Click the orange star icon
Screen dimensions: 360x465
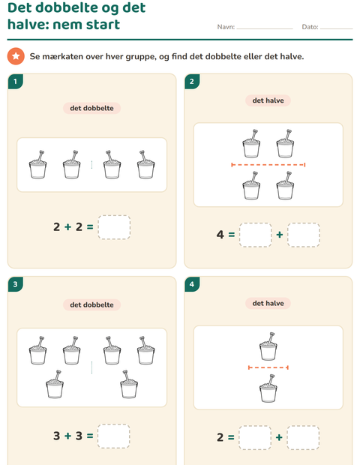pyautogui.click(x=16, y=56)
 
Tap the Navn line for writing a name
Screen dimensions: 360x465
pyautogui.click(x=265, y=28)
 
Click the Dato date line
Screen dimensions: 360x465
pyautogui.click(x=336, y=28)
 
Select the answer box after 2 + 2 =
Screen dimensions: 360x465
pyautogui.click(x=114, y=227)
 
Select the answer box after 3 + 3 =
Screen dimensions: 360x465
pyautogui.click(x=114, y=436)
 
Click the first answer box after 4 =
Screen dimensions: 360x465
pyautogui.click(x=255, y=235)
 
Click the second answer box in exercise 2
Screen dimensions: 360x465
pyautogui.click(x=303, y=235)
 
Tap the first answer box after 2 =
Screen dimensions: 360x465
pyautogui.click(x=255, y=438)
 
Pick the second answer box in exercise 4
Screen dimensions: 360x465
pyautogui.click(x=303, y=438)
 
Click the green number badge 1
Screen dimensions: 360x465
pyautogui.click(x=16, y=81)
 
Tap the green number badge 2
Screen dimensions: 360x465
pyautogui.click(x=192, y=81)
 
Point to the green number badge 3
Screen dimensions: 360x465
pyautogui.click(x=16, y=284)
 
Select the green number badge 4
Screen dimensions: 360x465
pyautogui.click(x=192, y=284)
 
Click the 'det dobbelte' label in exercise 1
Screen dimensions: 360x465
pyautogui.click(x=91, y=108)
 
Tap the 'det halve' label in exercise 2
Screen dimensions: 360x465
pyautogui.click(x=268, y=100)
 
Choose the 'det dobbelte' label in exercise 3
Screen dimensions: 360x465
pyautogui.click(x=91, y=304)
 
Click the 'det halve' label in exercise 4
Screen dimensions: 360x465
pyautogui.click(x=268, y=304)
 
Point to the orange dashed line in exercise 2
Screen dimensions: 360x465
pyautogui.click(x=268, y=164)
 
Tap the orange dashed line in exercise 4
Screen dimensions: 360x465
pyautogui.click(x=268, y=367)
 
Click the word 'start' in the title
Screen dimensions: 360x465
pyautogui.click(x=103, y=24)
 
